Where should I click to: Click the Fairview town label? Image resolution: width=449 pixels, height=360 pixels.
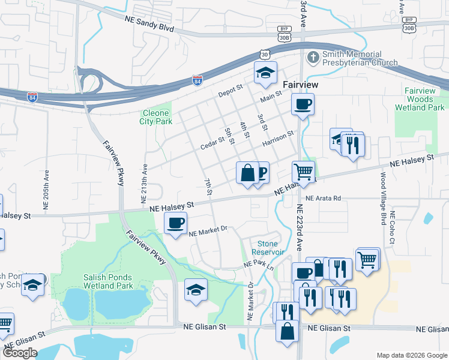[x=300, y=86]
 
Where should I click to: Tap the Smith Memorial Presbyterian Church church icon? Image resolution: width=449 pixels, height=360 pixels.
[x=312, y=58]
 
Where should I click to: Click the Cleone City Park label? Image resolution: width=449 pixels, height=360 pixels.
[x=156, y=117]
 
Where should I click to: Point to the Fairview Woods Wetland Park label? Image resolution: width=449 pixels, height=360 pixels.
[x=420, y=98]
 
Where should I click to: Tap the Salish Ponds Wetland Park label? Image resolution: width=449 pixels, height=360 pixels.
[x=107, y=281]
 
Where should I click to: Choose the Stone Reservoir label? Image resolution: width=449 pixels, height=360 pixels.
[x=275, y=248]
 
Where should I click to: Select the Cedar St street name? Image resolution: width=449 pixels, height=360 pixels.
[x=212, y=140]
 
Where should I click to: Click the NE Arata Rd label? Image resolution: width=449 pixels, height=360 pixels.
[x=322, y=198]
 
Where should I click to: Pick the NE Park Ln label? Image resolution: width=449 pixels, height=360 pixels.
[x=258, y=265]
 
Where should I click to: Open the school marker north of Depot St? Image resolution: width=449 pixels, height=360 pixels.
[x=265, y=73]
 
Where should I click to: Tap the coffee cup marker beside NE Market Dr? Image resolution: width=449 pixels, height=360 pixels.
[x=175, y=223]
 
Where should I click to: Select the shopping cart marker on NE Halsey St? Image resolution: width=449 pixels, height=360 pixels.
[x=304, y=172]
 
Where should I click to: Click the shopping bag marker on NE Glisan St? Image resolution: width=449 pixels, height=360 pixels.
[x=288, y=330]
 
